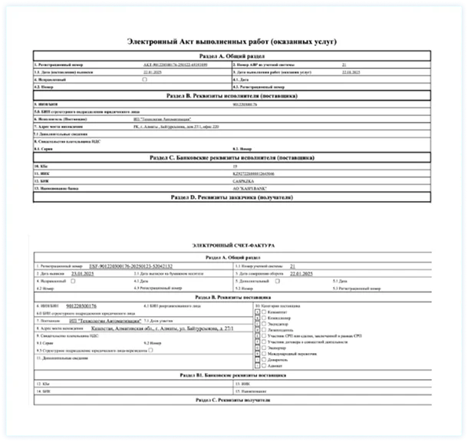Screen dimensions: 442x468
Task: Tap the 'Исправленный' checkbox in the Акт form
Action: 144,79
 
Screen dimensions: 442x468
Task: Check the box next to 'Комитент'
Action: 265,312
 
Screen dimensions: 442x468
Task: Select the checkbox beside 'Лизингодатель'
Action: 265,331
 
